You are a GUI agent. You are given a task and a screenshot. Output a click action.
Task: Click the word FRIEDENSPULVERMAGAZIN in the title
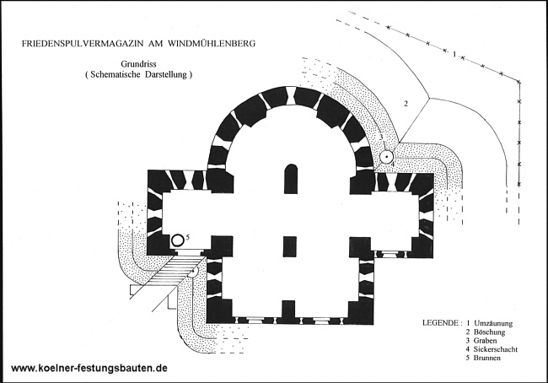pyautogui.click(x=83, y=43)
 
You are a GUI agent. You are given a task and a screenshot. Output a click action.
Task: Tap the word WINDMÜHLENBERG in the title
pyautogui.click(x=212, y=43)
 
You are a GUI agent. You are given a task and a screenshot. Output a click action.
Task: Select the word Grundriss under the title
pyautogui.click(x=138, y=64)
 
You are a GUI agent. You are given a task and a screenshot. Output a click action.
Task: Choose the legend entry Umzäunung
pyautogui.click(x=493, y=323)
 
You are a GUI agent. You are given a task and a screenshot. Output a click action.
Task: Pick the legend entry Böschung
pyautogui.click(x=489, y=332)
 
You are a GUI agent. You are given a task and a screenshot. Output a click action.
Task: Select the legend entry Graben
pyautogui.click(x=485, y=340)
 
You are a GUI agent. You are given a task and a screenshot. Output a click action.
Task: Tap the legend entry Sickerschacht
pyautogui.click(x=496, y=349)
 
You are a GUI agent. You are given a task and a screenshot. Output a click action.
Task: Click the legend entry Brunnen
pyautogui.click(x=487, y=358)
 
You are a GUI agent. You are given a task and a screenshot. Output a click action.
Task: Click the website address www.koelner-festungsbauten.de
pyautogui.click(x=89, y=368)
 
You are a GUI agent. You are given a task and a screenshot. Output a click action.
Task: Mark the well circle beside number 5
pyautogui.click(x=178, y=240)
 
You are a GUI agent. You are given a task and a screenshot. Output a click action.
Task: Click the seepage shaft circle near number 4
pyautogui.click(x=387, y=157)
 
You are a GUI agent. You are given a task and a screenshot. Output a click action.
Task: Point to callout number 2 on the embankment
pyautogui.click(x=406, y=104)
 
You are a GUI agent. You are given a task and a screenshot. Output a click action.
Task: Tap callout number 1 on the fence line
pyautogui.click(x=454, y=54)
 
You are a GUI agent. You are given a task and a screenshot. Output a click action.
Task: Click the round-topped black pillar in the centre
pyautogui.click(x=290, y=179)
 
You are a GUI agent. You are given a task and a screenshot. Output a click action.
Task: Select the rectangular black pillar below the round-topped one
pyautogui.click(x=290, y=247)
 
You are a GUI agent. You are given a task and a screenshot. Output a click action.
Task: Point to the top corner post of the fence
pyautogui.click(x=518, y=82)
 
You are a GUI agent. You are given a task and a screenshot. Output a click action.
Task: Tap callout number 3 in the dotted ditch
pyautogui.click(x=382, y=138)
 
